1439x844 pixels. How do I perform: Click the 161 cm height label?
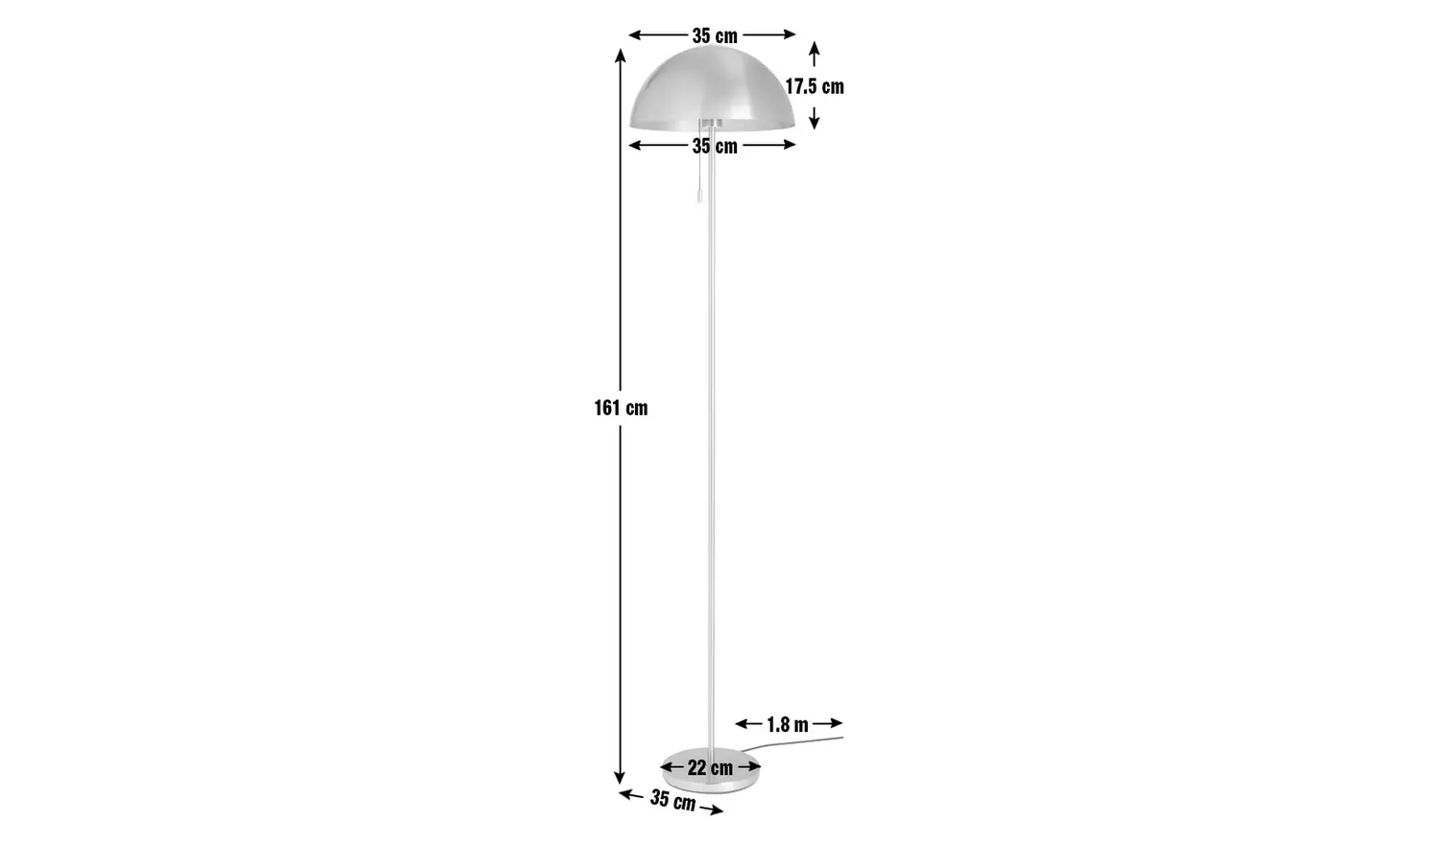[621, 408]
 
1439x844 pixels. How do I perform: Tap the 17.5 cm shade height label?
[814, 86]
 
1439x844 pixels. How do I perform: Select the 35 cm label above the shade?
[715, 35]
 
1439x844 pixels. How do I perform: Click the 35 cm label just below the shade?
[715, 146]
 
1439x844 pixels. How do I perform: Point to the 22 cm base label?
[710, 768]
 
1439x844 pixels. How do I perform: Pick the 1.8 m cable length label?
[787, 724]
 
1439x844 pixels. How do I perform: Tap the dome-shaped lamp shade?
[713, 91]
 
